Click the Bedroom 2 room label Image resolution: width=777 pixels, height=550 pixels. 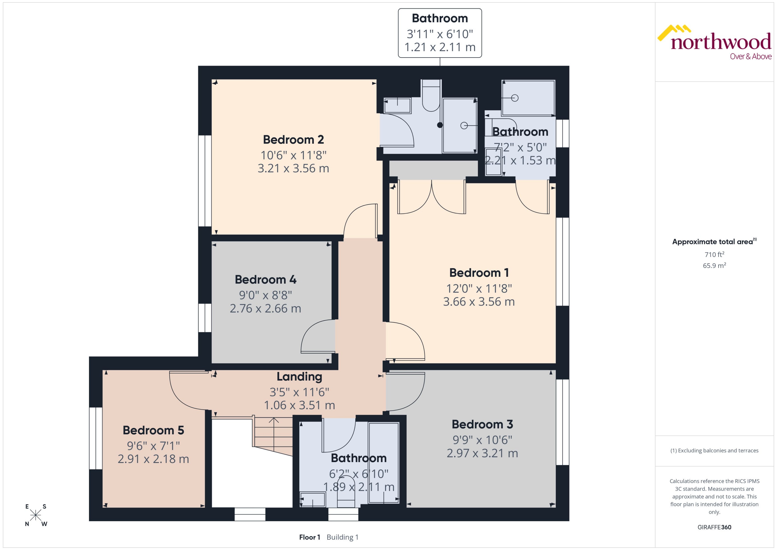tap(293, 139)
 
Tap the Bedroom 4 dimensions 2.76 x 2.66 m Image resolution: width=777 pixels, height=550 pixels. tap(266, 308)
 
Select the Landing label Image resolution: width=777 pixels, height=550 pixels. tap(299, 376)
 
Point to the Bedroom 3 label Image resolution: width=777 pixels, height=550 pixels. tap(482, 424)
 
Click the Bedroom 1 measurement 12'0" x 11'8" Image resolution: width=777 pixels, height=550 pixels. tap(479, 289)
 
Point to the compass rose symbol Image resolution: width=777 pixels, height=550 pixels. tap(36, 515)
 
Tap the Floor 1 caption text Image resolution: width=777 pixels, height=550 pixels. tap(309, 537)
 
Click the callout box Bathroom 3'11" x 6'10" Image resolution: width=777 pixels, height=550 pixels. tap(440, 33)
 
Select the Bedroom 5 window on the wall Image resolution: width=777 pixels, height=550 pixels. tap(96, 438)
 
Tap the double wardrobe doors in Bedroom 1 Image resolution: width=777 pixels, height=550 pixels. tap(432, 198)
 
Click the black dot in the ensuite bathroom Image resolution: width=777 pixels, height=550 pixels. tap(440, 125)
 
